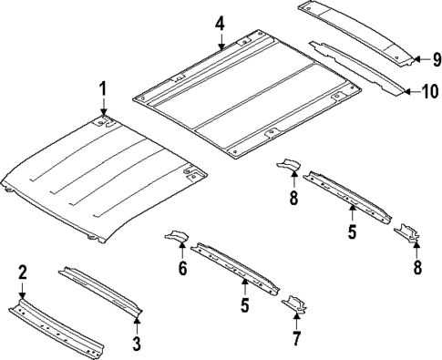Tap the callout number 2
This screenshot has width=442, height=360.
23,272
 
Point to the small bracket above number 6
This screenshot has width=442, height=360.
175,239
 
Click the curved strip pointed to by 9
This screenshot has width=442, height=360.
351,27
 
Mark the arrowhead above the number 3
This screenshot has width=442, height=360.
136,319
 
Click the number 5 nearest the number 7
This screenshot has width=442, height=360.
245,306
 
